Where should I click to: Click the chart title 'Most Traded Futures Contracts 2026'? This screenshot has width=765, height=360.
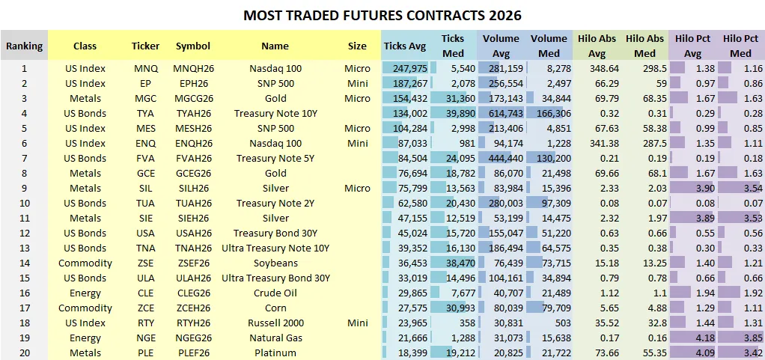(382, 15)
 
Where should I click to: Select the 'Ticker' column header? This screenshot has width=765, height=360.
(145, 46)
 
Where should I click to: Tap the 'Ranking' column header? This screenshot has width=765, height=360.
(24, 46)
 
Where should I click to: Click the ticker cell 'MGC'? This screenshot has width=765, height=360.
(145, 98)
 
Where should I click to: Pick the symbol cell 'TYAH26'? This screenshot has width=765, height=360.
(193, 113)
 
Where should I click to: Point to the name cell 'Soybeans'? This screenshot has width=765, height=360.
(275, 263)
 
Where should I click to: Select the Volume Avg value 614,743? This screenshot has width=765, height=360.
(502, 113)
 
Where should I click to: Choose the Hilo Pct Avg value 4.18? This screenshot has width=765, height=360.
(695, 338)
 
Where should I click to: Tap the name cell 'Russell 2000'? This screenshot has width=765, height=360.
(275, 323)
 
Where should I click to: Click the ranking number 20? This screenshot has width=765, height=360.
(24, 353)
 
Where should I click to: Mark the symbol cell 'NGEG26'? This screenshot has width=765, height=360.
(193, 338)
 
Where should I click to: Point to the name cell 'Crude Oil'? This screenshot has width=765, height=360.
(275, 293)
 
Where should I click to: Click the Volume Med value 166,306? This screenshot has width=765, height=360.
(549, 113)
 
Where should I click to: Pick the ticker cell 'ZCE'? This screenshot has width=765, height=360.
(145, 308)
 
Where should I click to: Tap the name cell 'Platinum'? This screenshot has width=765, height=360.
(275, 353)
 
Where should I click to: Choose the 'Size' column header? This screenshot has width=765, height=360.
(357, 46)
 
